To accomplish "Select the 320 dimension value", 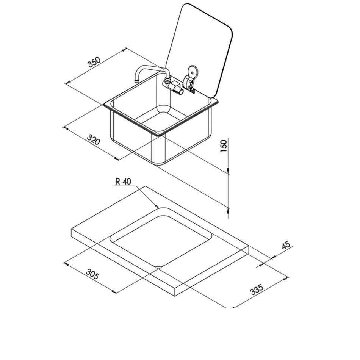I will click(93, 140).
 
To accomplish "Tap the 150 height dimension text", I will click(224, 146).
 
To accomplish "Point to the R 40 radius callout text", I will click(123, 182).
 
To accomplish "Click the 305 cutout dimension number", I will click(92, 274).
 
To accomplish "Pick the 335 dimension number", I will click(257, 290).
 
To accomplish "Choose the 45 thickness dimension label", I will click(286, 245).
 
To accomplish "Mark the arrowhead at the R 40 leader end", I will click(157, 207).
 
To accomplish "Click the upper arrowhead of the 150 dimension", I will click(229, 172).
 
